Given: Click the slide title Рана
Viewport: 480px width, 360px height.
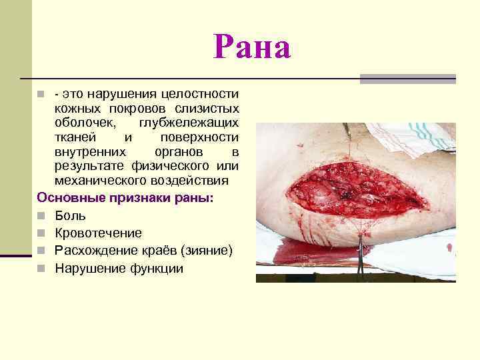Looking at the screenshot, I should click(x=253, y=49).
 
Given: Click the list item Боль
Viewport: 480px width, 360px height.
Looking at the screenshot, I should click(x=70, y=216).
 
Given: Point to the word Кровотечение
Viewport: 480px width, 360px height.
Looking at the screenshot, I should click(x=98, y=233).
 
